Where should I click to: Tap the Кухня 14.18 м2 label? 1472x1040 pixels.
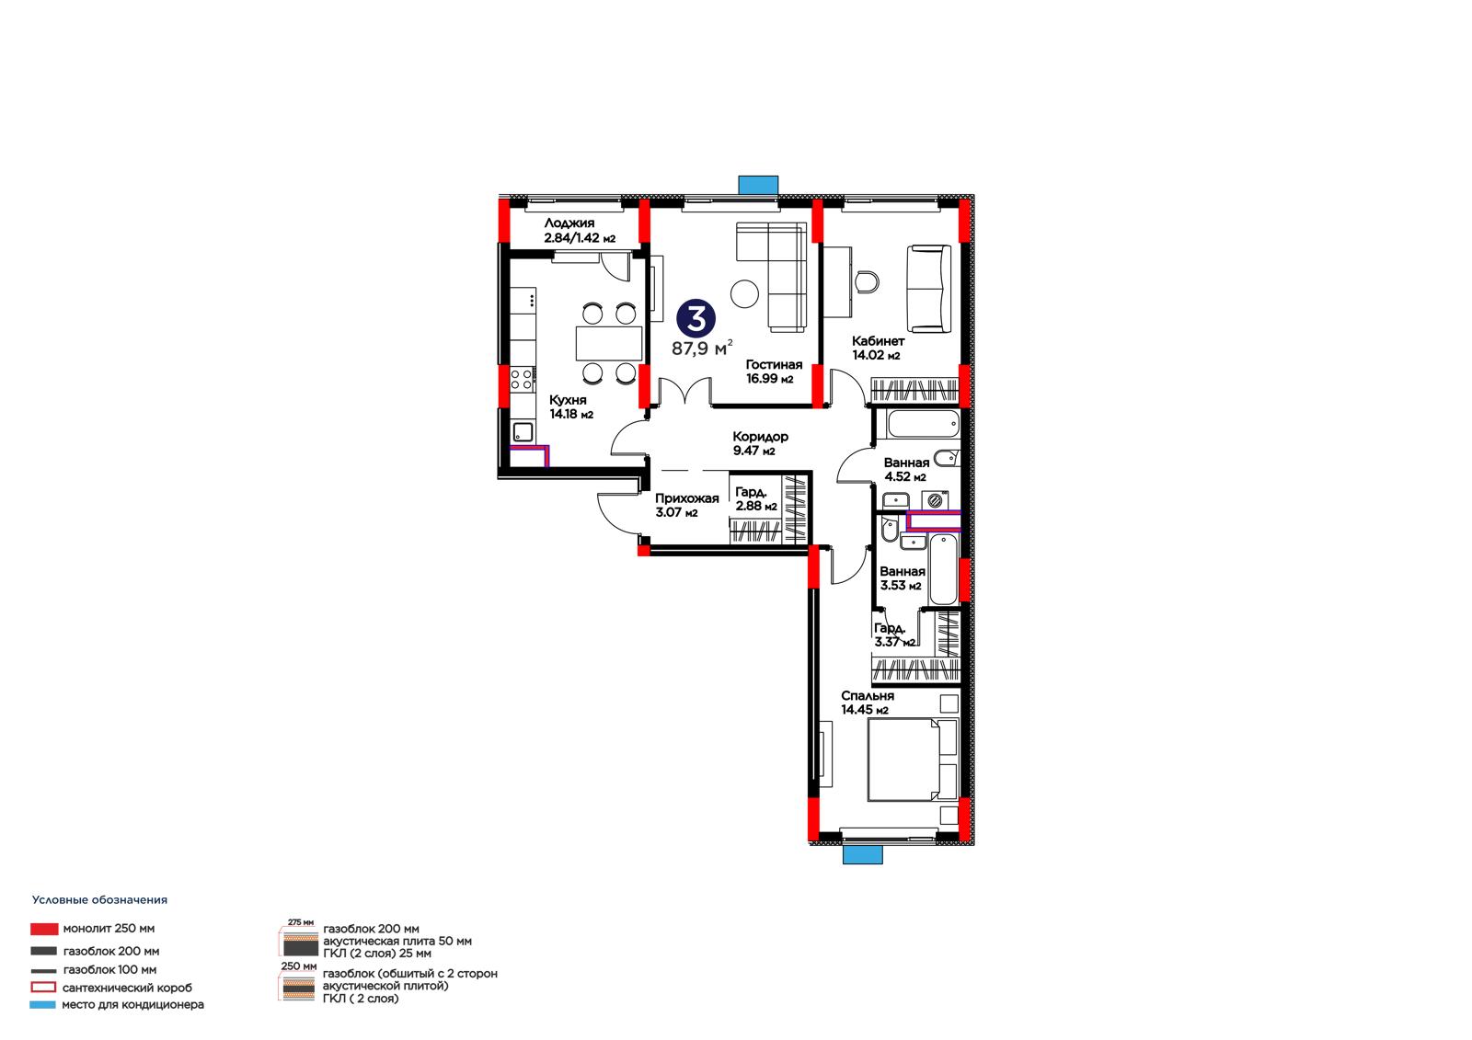(x=571, y=406)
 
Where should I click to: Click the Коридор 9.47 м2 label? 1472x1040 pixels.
(x=760, y=443)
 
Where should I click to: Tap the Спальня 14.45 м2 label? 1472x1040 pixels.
(x=868, y=703)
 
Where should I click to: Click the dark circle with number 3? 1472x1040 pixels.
(x=696, y=319)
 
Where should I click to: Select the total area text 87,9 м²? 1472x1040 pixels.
(x=702, y=349)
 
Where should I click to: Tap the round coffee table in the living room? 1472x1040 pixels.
(x=744, y=293)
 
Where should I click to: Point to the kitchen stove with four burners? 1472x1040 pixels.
(x=523, y=380)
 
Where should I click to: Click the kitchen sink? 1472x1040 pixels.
(x=523, y=432)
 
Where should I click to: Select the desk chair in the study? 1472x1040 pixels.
(x=868, y=281)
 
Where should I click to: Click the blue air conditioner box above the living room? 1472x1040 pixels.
(x=758, y=185)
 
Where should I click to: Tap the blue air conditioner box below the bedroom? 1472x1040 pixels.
(x=863, y=854)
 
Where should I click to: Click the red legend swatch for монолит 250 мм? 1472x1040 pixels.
(x=44, y=929)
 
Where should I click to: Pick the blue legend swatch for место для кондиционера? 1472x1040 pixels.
(x=42, y=1004)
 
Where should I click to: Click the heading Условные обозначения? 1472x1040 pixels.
(x=100, y=900)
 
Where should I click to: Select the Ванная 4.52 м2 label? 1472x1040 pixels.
(x=906, y=469)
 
